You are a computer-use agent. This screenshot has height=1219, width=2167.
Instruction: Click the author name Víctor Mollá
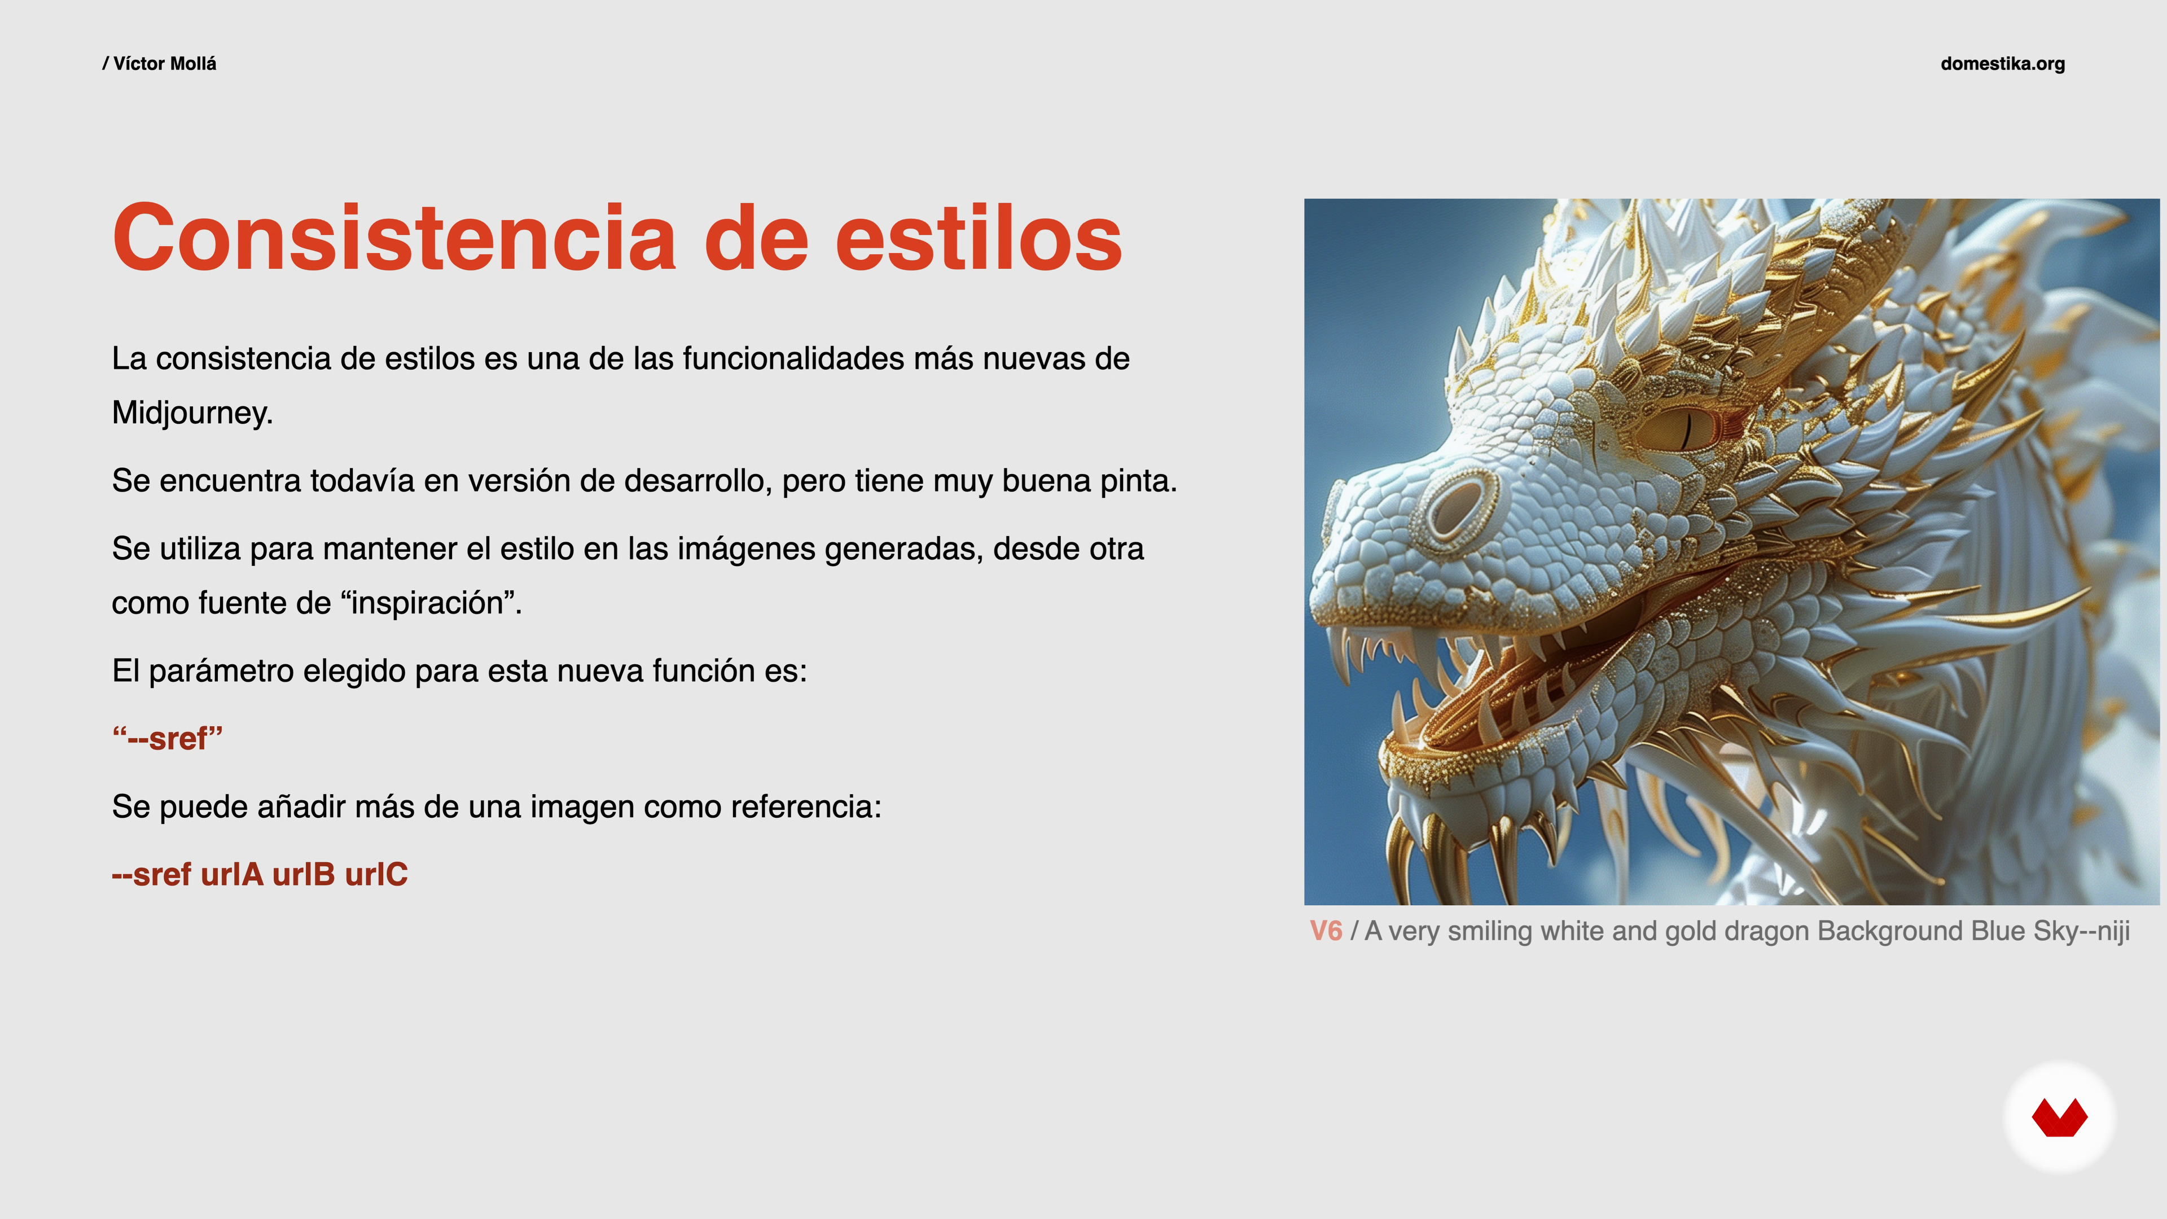pyautogui.click(x=165, y=64)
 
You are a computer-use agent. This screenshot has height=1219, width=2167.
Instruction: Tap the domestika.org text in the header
pyautogui.click(x=2002, y=64)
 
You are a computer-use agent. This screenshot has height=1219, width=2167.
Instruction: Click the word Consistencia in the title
pyautogui.click(x=394, y=238)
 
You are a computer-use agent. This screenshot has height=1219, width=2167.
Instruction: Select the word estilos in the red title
pyautogui.click(x=979, y=238)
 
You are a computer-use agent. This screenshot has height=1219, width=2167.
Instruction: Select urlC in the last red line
pyautogui.click(x=376, y=874)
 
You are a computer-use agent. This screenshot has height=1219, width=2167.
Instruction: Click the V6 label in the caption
pyautogui.click(x=1326, y=931)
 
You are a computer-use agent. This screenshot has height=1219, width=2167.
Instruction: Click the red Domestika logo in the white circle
pyautogui.click(x=2059, y=1118)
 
